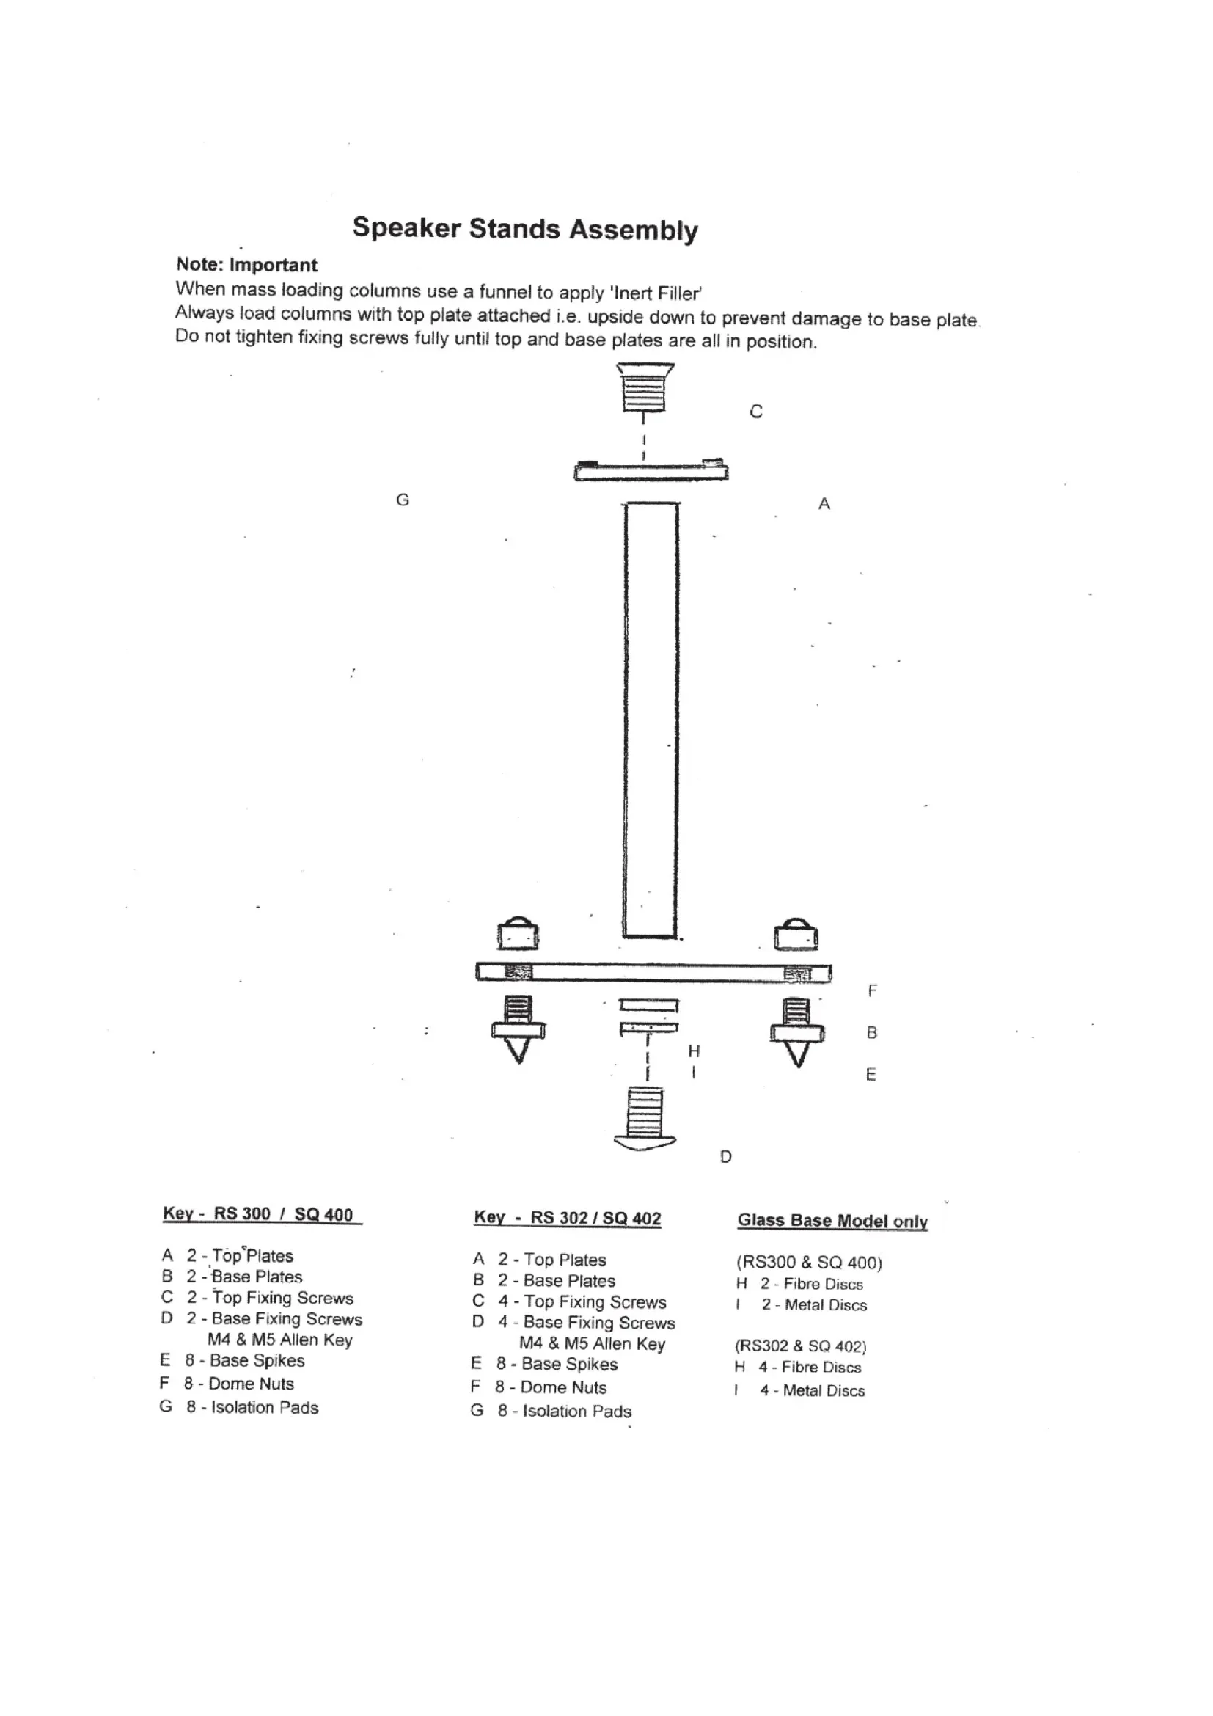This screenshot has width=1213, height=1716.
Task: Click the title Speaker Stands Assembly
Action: (x=524, y=229)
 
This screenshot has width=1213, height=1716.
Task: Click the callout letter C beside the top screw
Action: (x=756, y=412)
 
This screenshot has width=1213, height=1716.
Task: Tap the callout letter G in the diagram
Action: (x=403, y=500)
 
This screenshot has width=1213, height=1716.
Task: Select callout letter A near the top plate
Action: (x=824, y=505)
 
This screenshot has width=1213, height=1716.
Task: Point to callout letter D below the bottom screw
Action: (x=725, y=1157)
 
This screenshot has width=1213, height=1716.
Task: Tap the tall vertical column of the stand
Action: (x=651, y=718)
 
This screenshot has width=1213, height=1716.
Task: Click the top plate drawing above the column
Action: (x=651, y=471)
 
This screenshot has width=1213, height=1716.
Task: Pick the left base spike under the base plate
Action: (x=518, y=1030)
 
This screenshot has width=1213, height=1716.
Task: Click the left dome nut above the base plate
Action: (x=518, y=933)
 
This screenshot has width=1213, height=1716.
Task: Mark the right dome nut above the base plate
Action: (x=796, y=933)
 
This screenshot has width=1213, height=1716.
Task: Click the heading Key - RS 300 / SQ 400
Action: (x=261, y=1213)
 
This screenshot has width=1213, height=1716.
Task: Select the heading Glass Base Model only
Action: (x=832, y=1221)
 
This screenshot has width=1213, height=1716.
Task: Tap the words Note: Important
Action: (x=246, y=265)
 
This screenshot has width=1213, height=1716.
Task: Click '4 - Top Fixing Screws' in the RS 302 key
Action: (x=582, y=1302)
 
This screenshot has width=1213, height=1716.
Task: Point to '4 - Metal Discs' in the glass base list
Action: (x=812, y=1391)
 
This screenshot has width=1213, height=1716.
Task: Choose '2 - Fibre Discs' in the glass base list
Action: (x=811, y=1284)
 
